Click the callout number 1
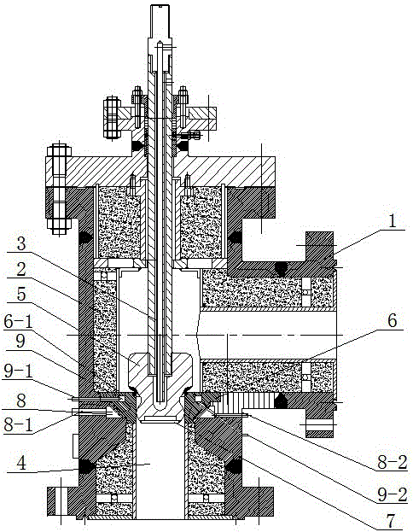pyautogui.click(x=392, y=221)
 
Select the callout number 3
pyautogui.click(x=21, y=243)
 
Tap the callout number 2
pyautogui.click(x=21, y=269)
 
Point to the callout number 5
pyautogui.click(x=21, y=295)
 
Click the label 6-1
pyautogui.click(x=18, y=320)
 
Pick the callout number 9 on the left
pyautogui.click(x=20, y=342)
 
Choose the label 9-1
pyautogui.click(x=18, y=372)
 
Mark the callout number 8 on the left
pyautogui.click(x=21, y=400)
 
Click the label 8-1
pyautogui.click(x=18, y=425)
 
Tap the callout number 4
pyautogui.click(x=21, y=464)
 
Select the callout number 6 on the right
pyautogui.click(x=392, y=320)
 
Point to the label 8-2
pyautogui.click(x=393, y=463)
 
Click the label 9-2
pyautogui.click(x=393, y=495)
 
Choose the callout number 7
pyautogui.click(x=392, y=521)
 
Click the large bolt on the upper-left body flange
pyautogui.click(x=59, y=190)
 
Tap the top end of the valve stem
pyautogui.click(x=160, y=6)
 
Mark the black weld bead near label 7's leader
pyautogui.click(x=234, y=465)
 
